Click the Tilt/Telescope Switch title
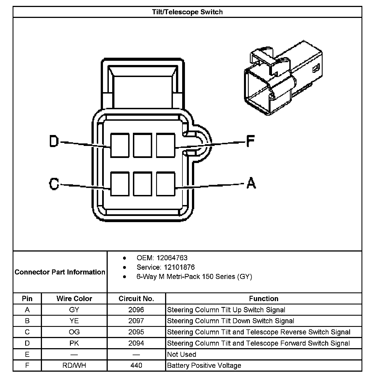pyautogui.click(x=187, y=12)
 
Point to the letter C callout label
pyautogui.click(x=54, y=184)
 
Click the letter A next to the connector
pyautogui.click(x=251, y=183)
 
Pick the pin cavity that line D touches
pyautogui.click(x=120, y=145)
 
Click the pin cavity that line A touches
pyautogui.click(x=165, y=184)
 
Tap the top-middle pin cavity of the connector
pyautogui.click(x=142, y=145)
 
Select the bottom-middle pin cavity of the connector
pyautogui.click(x=142, y=184)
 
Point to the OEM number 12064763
pyautogui.click(x=172, y=258)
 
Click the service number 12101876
pyautogui.click(x=179, y=267)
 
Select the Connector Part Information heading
pyautogui.click(x=60, y=272)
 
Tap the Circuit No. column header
pyautogui.click(x=136, y=299)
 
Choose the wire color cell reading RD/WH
pyautogui.click(x=74, y=366)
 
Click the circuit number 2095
pyautogui.click(x=136, y=332)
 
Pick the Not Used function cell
pyautogui.click(x=182, y=354)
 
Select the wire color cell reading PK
pyautogui.click(x=74, y=343)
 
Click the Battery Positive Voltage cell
pyautogui.click(x=204, y=366)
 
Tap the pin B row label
pyautogui.click(x=27, y=321)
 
